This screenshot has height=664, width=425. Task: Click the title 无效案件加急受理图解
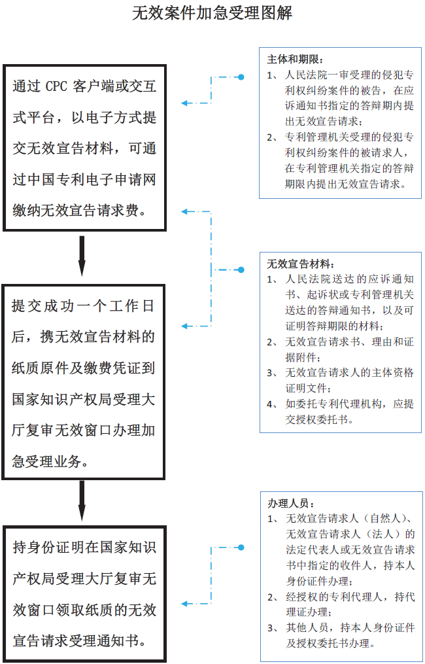pos(212,13)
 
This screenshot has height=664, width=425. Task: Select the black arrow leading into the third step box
pos(82,503)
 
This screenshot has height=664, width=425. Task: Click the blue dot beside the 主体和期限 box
pos(241,77)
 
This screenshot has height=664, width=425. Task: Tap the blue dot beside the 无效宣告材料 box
pos(241,269)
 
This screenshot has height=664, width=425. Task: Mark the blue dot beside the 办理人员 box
pos(241,548)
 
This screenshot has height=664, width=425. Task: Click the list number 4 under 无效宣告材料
pos(271,404)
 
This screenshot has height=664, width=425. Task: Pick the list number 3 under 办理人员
pos(271,628)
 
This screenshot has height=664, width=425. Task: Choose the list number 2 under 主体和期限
pos(271,137)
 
